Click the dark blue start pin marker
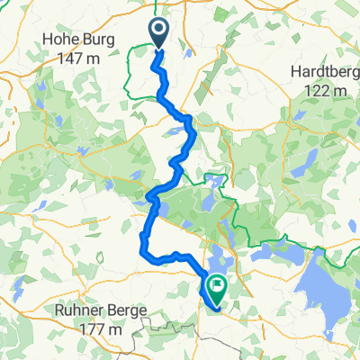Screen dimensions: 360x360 coord(158,33)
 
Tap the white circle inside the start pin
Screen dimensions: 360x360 coord(158,30)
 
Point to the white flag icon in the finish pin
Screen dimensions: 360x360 coord(216,285)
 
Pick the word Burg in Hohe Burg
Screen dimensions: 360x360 coord(92,40)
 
